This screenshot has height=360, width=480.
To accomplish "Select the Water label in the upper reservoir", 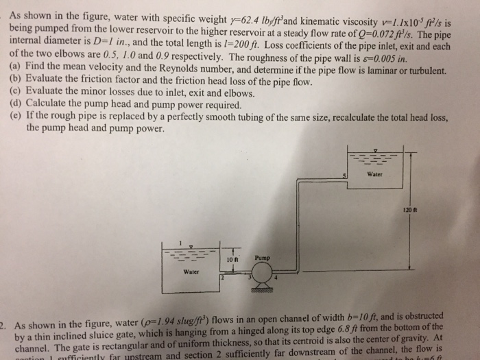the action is click(374, 173).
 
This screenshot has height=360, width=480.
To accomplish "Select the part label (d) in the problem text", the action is click(16, 106).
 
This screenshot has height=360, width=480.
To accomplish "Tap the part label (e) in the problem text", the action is click(16, 117).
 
